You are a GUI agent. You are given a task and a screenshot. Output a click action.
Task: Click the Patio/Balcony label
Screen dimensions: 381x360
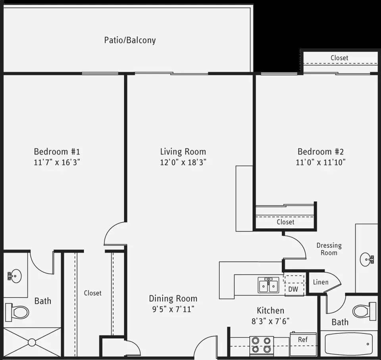pyautogui.click(x=130, y=40)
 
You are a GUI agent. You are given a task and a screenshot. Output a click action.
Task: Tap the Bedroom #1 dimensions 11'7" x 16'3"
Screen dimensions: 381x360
pyautogui.click(x=57, y=162)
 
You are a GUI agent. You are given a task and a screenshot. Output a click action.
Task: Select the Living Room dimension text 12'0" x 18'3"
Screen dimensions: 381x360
pyautogui.click(x=183, y=162)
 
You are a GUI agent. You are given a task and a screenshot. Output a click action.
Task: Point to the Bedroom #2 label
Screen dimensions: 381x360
pyautogui.click(x=321, y=152)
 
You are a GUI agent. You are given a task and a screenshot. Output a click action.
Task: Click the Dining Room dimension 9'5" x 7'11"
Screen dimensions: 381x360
pyautogui.click(x=173, y=309)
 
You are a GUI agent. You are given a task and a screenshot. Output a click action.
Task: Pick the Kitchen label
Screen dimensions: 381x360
pyautogui.click(x=270, y=310)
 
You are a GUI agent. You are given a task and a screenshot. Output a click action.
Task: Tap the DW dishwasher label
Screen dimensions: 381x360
pyautogui.click(x=293, y=289)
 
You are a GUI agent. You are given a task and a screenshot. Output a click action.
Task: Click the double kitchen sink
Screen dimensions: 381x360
pyautogui.click(x=268, y=285)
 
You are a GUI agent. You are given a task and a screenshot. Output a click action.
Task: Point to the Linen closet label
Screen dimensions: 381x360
pyautogui.click(x=321, y=282)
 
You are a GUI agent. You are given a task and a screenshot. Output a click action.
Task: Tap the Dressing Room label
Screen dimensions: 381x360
pyautogui.click(x=329, y=249)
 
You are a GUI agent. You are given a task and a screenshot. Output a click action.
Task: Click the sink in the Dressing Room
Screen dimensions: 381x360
pyautogui.click(x=366, y=259)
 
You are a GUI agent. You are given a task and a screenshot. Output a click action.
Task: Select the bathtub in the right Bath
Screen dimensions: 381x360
pyautogui.click(x=349, y=344)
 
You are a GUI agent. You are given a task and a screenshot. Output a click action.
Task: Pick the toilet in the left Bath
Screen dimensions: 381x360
pyautogui.click(x=17, y=312)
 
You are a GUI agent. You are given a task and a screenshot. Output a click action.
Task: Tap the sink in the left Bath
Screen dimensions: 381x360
pyautogui.click(x=14, y=276)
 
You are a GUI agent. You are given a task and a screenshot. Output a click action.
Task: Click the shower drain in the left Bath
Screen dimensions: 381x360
pyautogui.click(x=32, y=343)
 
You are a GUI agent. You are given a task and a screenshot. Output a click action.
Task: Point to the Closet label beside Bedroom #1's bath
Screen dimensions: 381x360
pyautogui.click(x=92, y=293)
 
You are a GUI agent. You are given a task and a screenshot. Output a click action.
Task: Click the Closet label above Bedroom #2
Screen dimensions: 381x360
pyautogui.click(x=339, y=58)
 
